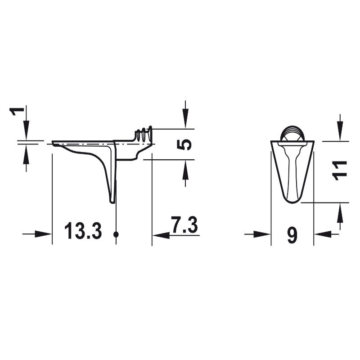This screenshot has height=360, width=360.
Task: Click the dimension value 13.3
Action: [x=83, y=231]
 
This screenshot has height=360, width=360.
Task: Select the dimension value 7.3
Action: [x=184, y=224]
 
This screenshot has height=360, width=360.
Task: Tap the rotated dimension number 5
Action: [x=184, y=144]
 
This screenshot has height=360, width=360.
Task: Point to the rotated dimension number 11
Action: [x=340, y=171]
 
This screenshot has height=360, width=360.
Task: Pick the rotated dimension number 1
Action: [x=17, y=111]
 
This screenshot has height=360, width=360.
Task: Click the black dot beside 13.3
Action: [x=116, y=234]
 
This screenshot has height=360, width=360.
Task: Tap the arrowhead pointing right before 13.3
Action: [x=43, y=234]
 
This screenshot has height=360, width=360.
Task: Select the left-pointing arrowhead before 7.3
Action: [x=161, y=235]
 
